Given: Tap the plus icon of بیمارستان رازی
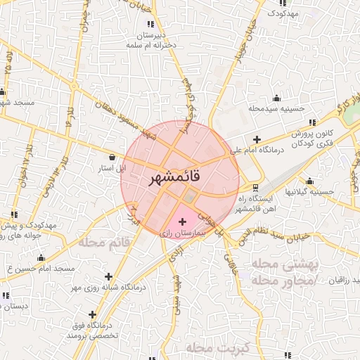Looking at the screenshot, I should (183, 222).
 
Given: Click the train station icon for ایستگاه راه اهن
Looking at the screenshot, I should (255, 188).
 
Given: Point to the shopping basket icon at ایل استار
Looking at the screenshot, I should (113, 157).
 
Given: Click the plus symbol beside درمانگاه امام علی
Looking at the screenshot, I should (257, 139).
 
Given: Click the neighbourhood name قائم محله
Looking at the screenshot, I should (107, 243).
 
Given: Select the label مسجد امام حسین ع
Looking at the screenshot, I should (39, 269).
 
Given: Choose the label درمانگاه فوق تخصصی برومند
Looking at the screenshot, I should (92, 333).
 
